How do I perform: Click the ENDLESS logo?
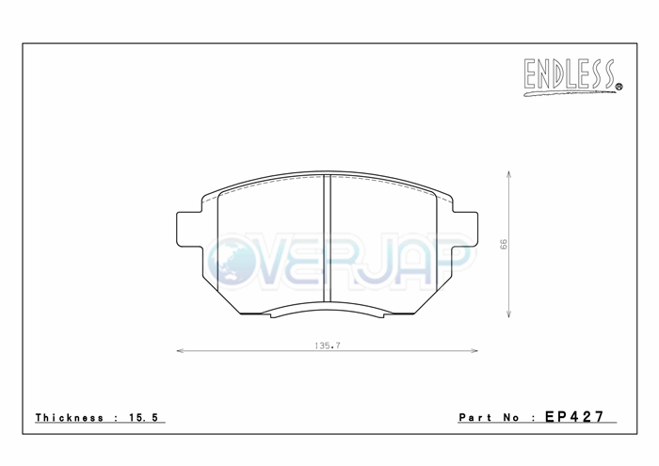click(x=572, y=77)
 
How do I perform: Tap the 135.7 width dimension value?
click(x=328, y=345)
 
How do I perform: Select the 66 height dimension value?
click(x=504, y=244)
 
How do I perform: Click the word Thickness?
click(x=70, y=418)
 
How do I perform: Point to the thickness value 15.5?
click(x=144, y=418)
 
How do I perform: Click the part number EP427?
click(x=574, y=417)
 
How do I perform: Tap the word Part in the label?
click(x=475, y=418)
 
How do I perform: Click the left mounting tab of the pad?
click(x=189, y=230)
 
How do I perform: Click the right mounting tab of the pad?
click(x=465, y=230)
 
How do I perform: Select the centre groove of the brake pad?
click(x=327, y=238)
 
